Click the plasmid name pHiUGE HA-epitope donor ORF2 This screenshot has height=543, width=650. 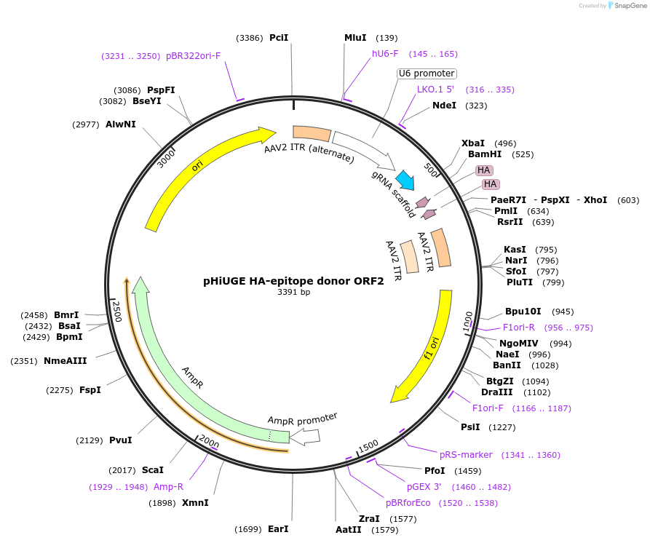tap(293, 281)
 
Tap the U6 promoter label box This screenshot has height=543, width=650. tap(427, 74)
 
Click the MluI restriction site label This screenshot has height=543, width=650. tap(355, 38)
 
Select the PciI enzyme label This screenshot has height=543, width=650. tap(279, 37)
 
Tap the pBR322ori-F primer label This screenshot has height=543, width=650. tap(193, 56)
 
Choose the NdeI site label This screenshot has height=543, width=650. tap(444, 106)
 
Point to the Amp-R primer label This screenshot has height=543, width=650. tap(168, 487)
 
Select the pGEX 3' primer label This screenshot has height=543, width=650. tap(424, 487)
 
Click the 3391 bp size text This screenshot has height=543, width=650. tap(293, 293)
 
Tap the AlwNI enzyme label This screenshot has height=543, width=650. tap(121, 124)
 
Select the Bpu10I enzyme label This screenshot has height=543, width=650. tap(523, 312)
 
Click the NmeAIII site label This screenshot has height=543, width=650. tap(66, 361)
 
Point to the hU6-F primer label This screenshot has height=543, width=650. tap(385, 54)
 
